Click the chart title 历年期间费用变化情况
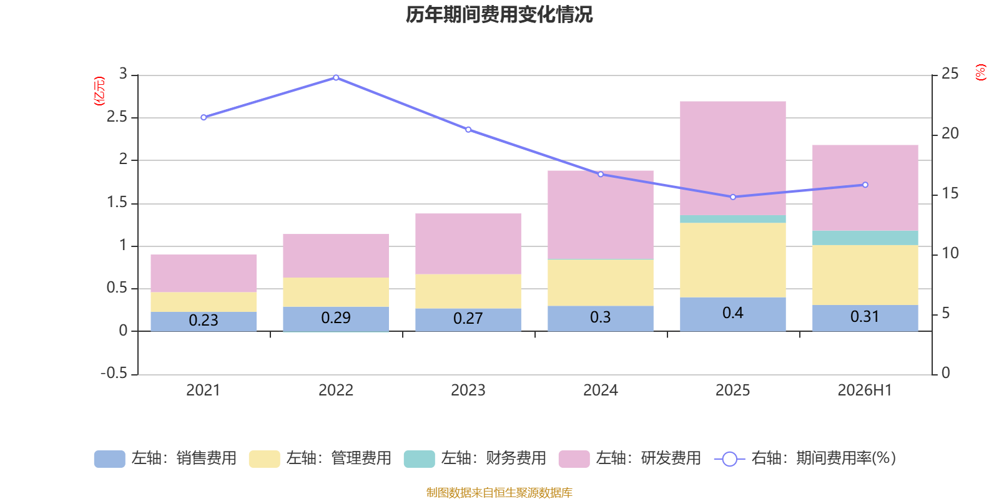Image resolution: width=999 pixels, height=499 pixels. point(499,15)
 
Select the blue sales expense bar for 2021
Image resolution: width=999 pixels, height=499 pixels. point(204,321)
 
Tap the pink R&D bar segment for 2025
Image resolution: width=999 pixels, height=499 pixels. point(733,158)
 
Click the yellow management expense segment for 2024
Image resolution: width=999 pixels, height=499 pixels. point(601,283)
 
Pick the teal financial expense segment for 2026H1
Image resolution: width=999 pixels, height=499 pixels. point(865,238)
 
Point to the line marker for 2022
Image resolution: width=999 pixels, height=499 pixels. point(336,77)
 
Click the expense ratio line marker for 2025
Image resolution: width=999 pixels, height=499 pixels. point(733,197)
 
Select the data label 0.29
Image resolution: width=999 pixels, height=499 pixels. point(336,317)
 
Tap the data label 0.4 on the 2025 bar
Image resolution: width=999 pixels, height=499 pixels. point(733,312)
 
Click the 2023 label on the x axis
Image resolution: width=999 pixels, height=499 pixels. point(468,390)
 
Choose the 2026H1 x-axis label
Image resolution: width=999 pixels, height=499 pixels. point(865,390)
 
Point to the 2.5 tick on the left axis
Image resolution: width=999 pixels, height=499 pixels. point(117,117)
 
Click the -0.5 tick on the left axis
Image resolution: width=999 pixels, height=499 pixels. point(114,373)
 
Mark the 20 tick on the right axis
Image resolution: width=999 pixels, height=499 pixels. point(950,133)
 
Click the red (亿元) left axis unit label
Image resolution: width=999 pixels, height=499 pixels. point(99,91)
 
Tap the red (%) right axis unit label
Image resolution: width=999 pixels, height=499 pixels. point(981,72)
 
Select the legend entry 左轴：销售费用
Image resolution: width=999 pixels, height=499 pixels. point(165,458)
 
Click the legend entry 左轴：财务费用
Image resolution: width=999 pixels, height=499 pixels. point(475,458)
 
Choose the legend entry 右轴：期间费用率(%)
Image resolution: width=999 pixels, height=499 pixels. point(805,458)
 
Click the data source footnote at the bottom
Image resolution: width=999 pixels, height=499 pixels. point(499,492)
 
